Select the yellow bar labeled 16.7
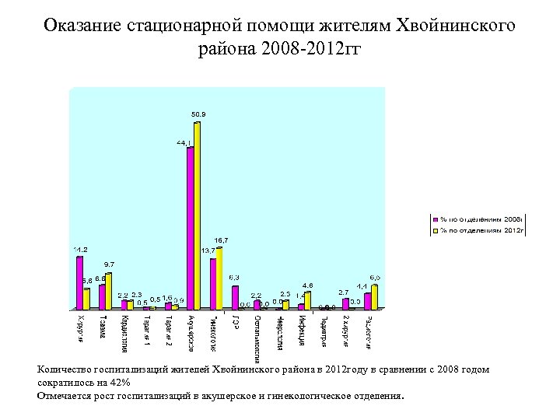coord(219,278)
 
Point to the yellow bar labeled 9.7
coord(109,291)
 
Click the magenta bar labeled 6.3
coord(235,298)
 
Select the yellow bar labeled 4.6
coord(308,300)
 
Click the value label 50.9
coord(198,114)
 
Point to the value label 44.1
coord(184,142)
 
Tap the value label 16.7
coord(221,240)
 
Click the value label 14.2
coord(80,249)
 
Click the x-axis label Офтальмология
coord(257,335)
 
